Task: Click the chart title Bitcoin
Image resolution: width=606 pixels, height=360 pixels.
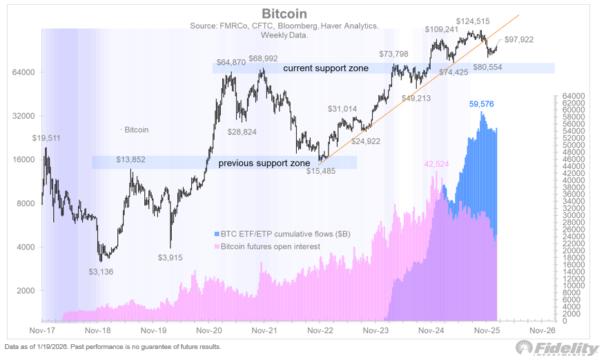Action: point(284,14)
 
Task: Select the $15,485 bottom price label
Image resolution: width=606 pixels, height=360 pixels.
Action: point(321,170)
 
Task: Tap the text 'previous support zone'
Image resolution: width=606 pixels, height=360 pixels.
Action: point(264,163)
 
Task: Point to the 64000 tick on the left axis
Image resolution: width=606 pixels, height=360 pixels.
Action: point(23,72)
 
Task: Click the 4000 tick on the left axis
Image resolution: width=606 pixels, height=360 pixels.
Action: point(26,247)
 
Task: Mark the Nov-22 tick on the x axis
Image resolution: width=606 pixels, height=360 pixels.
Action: point(319,330)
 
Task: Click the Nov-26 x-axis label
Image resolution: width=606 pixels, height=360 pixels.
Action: point(542,330)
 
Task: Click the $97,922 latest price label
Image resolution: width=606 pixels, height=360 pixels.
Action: point(520,39)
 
